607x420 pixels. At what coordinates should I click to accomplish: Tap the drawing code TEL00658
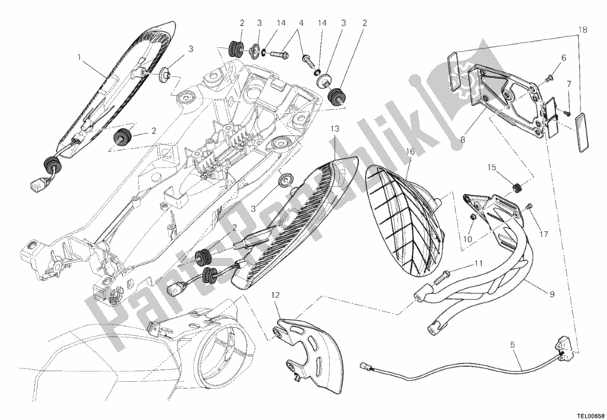point(583,415)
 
